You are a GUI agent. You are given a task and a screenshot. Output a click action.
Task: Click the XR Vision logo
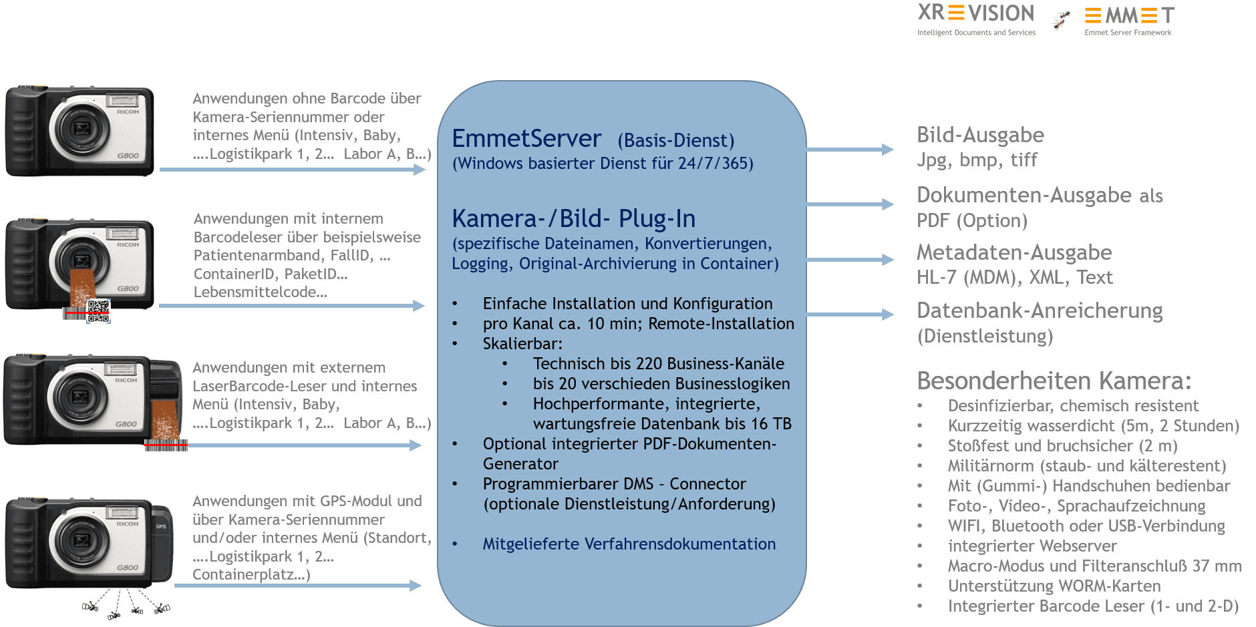pyautogui.click(x=975, y=19)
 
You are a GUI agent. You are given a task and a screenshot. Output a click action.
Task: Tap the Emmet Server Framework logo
pyautogui.click(x=1128, y=19)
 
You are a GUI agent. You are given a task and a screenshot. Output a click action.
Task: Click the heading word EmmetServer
pyautogui.click(x=526, y=138)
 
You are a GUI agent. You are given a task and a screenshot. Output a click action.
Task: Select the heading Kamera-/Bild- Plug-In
pyautogui.click(x=573, y=218)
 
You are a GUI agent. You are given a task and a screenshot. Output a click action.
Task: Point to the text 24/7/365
pyautogui.click(x=715, y=164)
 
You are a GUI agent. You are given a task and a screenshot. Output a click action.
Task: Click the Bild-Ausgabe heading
pyautogui.click(x=980, y=135)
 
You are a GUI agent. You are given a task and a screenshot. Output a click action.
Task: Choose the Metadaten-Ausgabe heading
pyautogui.click(x=1013, y=252)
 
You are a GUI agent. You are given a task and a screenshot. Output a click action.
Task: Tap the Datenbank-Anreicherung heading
pyautogui.click(x=1039, y=310)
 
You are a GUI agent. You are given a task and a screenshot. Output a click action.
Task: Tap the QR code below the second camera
pyautogui.click(x=98, y=311)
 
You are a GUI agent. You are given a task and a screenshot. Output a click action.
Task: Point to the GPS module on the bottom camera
pyautogui.click(x=162, y=541)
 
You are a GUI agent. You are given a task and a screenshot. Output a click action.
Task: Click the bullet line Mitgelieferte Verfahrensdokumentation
pyautogui.click(x=629, y=544)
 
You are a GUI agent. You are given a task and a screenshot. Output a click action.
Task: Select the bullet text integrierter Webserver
pyautogui.click(x=1032, y=546)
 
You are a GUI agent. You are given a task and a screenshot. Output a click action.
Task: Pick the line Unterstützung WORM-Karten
pyautogui.click(x=1054, y=586)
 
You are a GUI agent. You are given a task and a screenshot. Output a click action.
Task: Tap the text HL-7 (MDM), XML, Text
pyautogui.click(x=1014, y=278)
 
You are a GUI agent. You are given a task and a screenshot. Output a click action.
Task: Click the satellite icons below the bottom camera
pyautogui.click(x=126, y=607)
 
